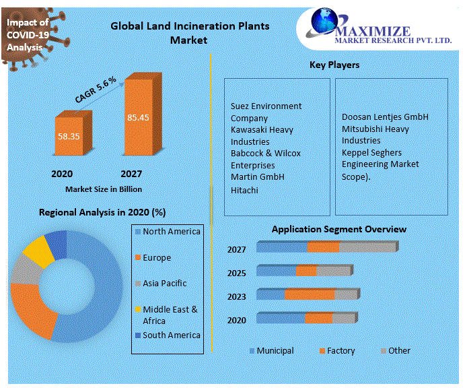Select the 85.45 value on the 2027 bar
[x=138, y=117]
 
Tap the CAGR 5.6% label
[x=96, y=90]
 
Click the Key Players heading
[x=334, y=65]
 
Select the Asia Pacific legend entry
[x=164, y=284]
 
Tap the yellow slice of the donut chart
[x=38, y=251]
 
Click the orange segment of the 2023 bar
[x=310, y=294]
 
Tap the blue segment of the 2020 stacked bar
[x=281, y=318]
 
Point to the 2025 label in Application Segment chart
[x=236, y=273]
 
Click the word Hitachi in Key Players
[x=244, y=191]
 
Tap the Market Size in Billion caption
[x=104, y=189]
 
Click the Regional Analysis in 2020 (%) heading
[x=102, y=212]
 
